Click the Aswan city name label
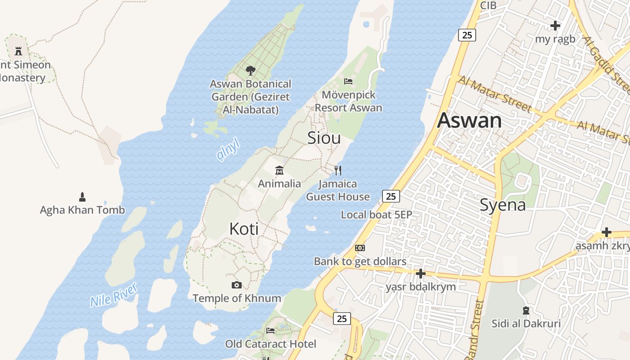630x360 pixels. tap(469, 121)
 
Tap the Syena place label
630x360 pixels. tap(503, 205)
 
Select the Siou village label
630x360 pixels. tap(324, 138)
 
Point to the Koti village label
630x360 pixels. tap(244, 229)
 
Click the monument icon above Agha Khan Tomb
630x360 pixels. tap(82, 197)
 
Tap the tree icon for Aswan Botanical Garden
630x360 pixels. tap(251, 71)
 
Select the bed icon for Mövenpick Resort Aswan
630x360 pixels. tap(348, 81)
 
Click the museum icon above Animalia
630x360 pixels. tap(279, 170)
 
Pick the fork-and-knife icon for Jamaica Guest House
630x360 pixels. tap(338, 170)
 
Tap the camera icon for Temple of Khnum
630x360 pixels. tap(237, 285)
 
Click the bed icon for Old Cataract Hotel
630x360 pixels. tap(270, 330)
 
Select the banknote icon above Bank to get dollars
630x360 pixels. tap(360, 248)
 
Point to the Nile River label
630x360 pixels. tap(113, 295)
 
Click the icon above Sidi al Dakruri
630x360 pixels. tap(526, 310)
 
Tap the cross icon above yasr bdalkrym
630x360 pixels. tap(421, 273)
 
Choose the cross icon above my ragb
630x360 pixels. tap(555, 25)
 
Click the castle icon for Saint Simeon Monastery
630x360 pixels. tap(18, 51)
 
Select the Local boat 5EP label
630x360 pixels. tap(376, 215)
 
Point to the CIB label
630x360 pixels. tap(488, 5)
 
